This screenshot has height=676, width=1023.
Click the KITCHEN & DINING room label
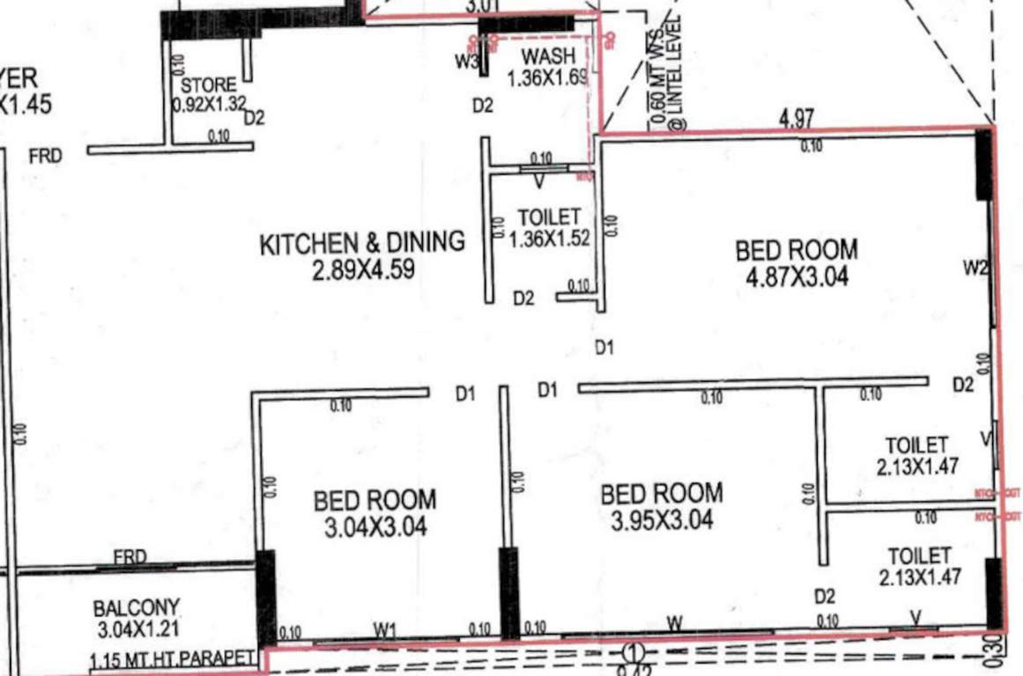(x=361, y=243)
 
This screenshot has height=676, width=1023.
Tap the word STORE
(x=209, y=86)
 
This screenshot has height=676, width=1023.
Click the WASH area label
(x=548, y=58)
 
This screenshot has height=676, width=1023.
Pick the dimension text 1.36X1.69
(x=546, y=77)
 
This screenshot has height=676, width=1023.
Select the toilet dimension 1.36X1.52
(x=549, y=237)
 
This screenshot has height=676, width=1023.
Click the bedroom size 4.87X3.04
(x=796, y=277)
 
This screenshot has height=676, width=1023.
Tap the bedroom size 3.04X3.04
(x=374, y=527)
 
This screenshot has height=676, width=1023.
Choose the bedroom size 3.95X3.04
(x=662, y=520)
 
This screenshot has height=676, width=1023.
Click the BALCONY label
(x=137, y=608)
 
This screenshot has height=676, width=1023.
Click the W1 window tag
(x=384, y=628)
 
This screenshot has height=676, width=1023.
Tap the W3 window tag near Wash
(x=466, y=62)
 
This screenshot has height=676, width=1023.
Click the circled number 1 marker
(x=632, y=652)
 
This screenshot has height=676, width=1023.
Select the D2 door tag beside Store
(x=255, y=117)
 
